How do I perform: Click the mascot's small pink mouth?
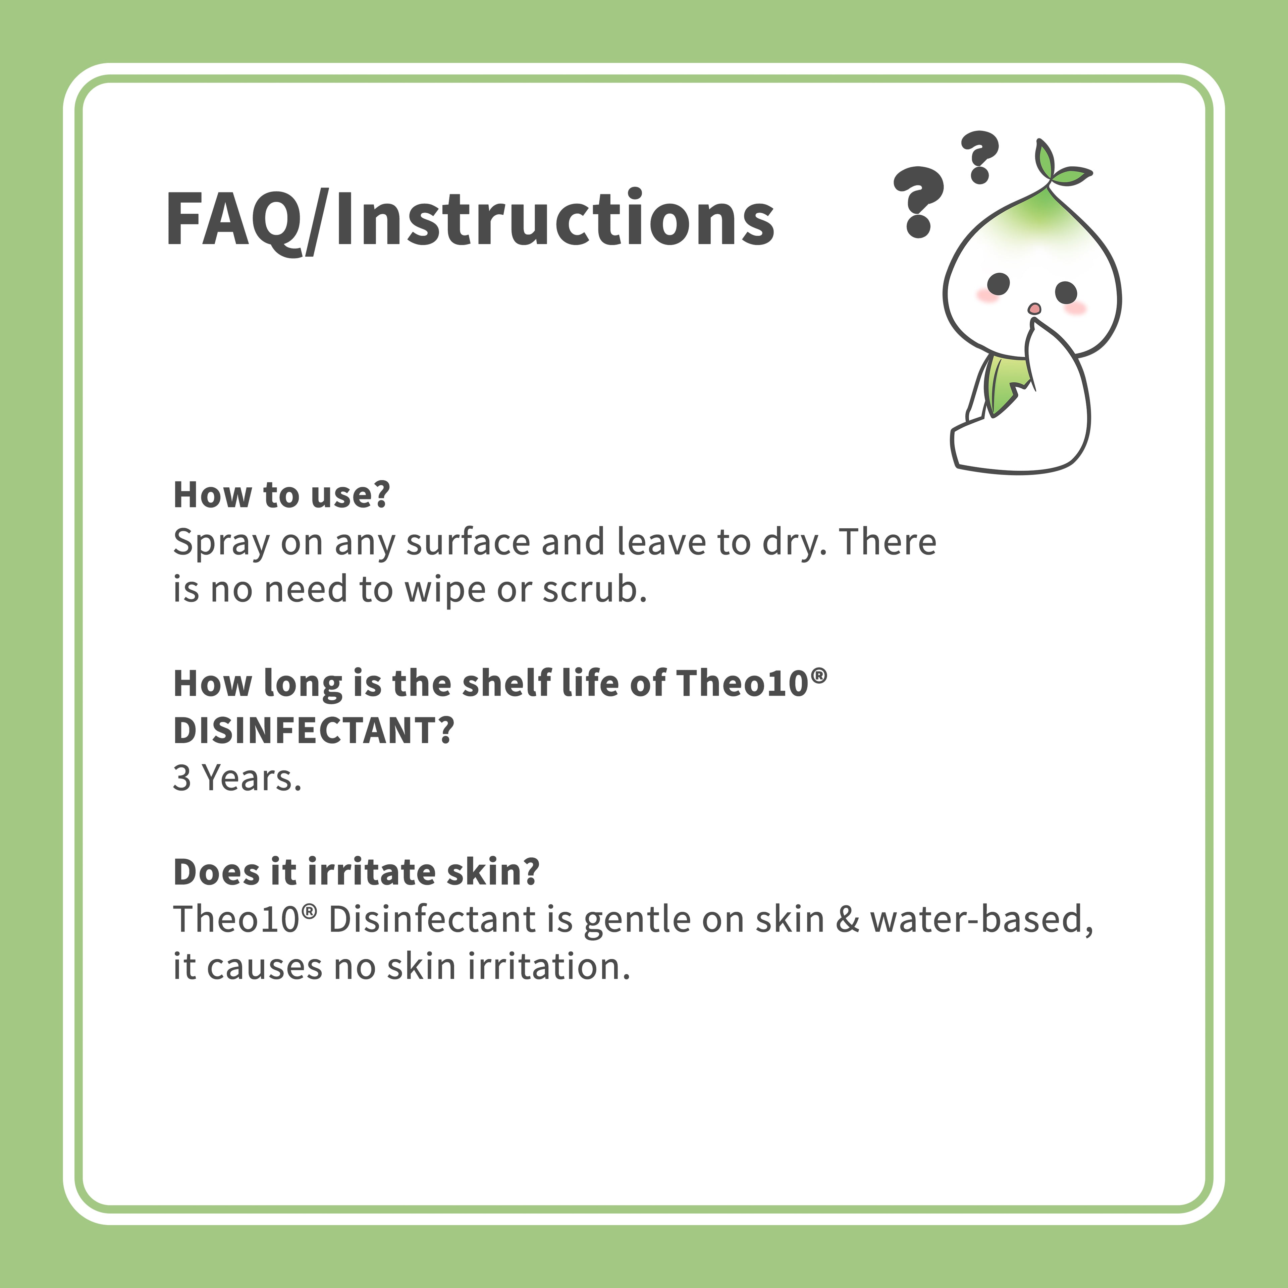(x=1034, y=308)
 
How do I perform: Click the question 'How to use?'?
(x=281, y=495)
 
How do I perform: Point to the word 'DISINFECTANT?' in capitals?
(x=313, y=731)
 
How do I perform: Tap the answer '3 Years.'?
(x=237, y=778)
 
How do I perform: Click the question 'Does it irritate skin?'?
(x=356, y=872)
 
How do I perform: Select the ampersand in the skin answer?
(x=847, y=919)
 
